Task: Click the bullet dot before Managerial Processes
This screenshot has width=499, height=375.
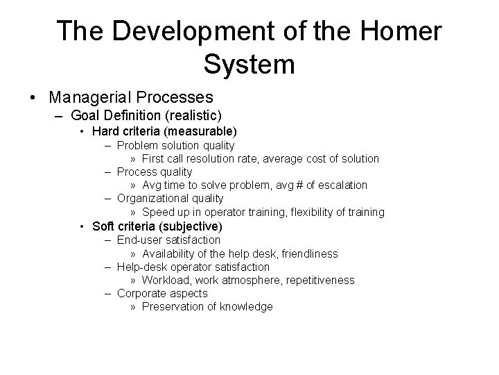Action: [x=35, y=97]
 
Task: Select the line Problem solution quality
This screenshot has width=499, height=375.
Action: [x=175, y=145]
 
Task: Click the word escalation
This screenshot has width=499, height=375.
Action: [x=340, y=185]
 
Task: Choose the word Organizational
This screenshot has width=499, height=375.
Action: [x=149, y=199]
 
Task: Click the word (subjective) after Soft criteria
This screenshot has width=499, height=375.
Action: [x=190, y=226]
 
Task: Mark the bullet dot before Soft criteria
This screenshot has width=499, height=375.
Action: [x=82, y=227]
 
